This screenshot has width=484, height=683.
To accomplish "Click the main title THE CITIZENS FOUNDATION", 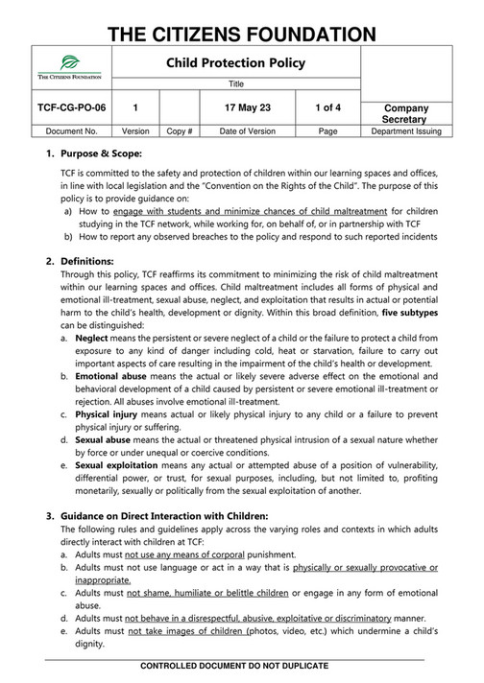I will click(242, 23).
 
